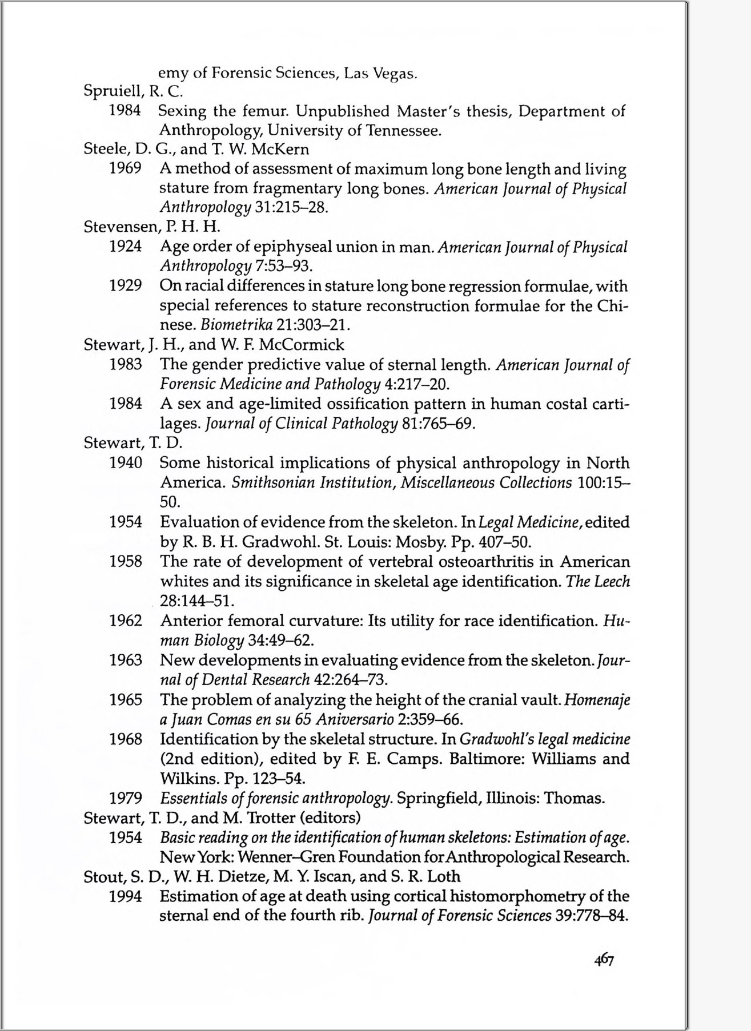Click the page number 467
[603, 960]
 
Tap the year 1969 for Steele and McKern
[126, 169]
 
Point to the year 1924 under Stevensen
[126, 247]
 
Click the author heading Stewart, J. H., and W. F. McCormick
[214, 345]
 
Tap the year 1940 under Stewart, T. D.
[126, 463]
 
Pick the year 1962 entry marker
[126, 621]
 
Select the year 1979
[126, 798]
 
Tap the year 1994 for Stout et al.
[126, 897]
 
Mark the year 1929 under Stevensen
[126, 286]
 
